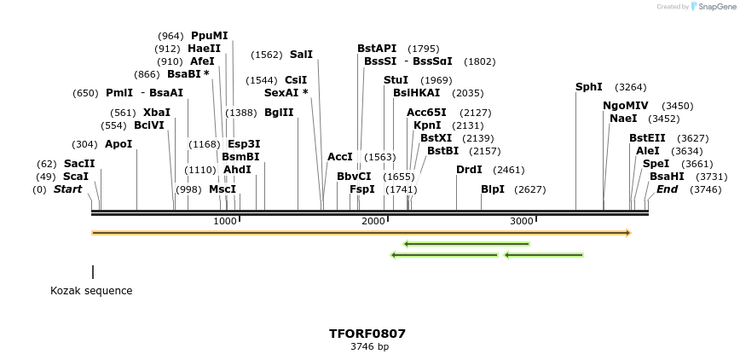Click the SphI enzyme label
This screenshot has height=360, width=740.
pyautogui.click(x=589, y=87)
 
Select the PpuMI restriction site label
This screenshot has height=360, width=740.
pyautogui.click(x=210, y=36)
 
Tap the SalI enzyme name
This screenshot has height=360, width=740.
pyautogui.click(x=301, y=55)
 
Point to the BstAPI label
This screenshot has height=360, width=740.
pyautogui.click(x=377, y=49)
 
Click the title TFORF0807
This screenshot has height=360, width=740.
pyautogui.click(x=367, y=334)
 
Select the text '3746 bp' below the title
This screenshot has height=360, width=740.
pyautogui.click(x=369, y=347)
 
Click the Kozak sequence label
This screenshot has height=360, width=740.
pyautogui.click(x=91, y=291)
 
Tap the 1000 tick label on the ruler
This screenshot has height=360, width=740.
pyautogui.click(x=224, y=221)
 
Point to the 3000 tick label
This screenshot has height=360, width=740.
pyautogui.click(x=522, y=221)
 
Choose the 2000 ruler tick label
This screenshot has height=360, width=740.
pyautogui.click(x=373, y=221)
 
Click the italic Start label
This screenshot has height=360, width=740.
pyautogui.click(x=68, y=189)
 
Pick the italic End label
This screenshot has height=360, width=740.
pyautogui.click(x=667, y=189)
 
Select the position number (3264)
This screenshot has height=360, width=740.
pyautogui.click(x=631, y=87)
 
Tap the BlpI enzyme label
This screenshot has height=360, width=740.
pyautogui.click(x=493, y=189)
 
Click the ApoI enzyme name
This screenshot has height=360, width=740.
pyautogui.click(x=119, y=144)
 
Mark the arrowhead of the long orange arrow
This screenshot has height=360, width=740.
pyautogui.click(x=627, y=232)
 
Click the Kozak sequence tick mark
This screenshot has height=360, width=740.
pyautogui.click(x=93, y=271)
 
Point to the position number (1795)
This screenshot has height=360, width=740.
pyautogui.click(x=423, y=49)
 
